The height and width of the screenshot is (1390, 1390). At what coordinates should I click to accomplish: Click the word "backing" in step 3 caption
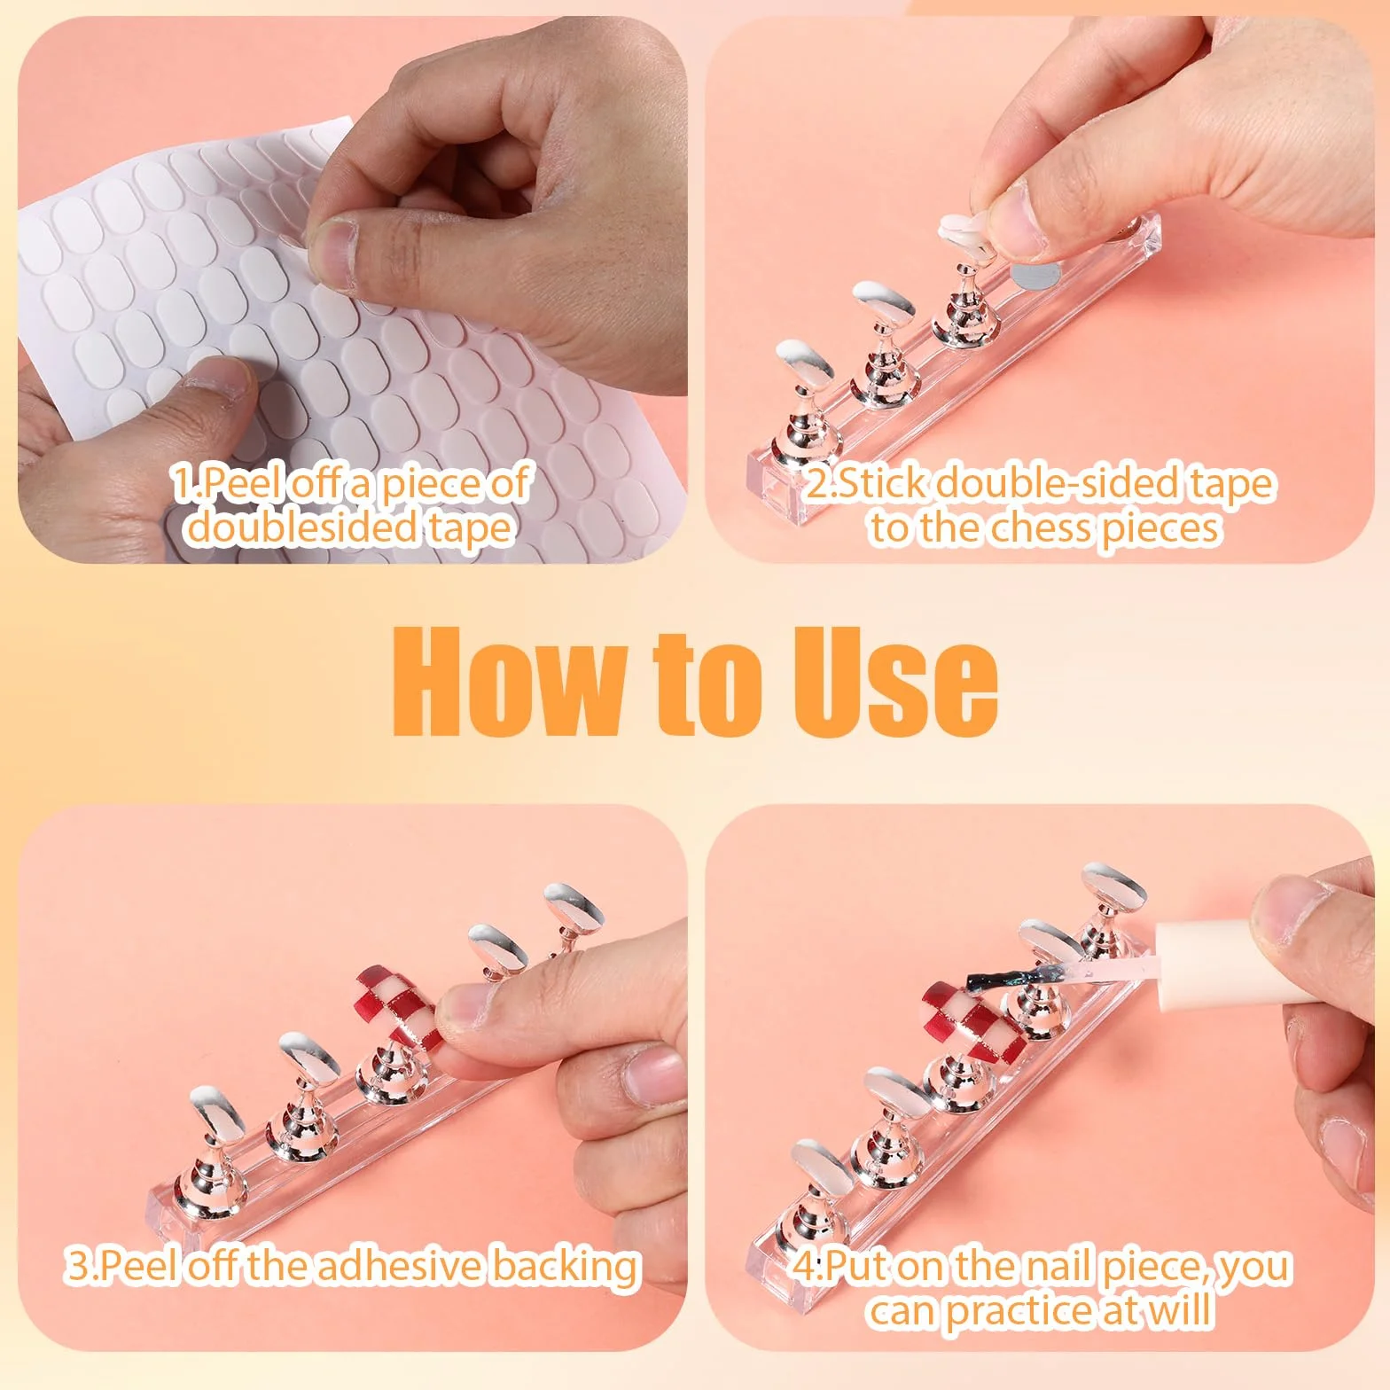tap(566, 1265)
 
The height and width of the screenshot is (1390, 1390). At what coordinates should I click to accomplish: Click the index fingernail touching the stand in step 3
tap(465, 1011)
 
